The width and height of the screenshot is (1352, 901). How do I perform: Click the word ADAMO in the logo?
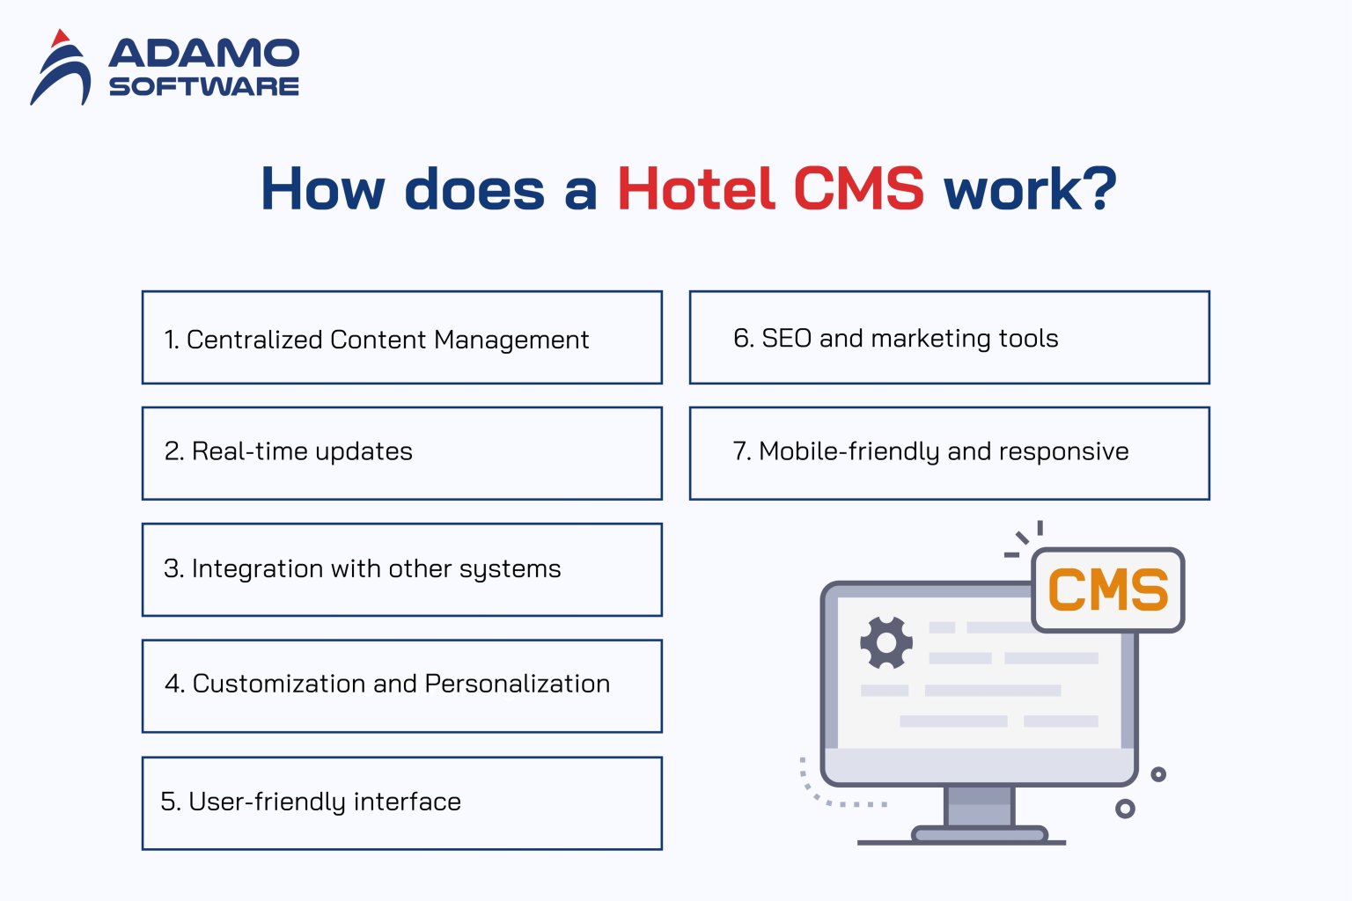pos(203,54)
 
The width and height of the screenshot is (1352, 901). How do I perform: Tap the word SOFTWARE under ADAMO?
pos(203,86)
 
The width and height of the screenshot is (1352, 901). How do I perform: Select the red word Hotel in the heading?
pos(695,189)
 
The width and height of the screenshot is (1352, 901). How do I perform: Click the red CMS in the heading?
pos(858,189)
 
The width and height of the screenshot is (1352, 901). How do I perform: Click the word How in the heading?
pos(322,189)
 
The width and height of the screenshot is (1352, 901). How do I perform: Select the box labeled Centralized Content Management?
pos(401,338)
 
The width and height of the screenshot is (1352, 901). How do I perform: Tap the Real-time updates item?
pos(401,452)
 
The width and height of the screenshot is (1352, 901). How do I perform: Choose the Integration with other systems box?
pos(401,569)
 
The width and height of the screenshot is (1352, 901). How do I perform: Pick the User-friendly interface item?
pos(401,802)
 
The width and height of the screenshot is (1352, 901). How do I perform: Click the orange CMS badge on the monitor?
pos(1107,590)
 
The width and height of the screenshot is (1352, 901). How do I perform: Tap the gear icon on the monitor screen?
pos(885,643)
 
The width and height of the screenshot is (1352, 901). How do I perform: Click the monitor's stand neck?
pos(979,805)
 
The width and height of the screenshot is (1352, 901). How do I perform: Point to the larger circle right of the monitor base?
pos(1125,809)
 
